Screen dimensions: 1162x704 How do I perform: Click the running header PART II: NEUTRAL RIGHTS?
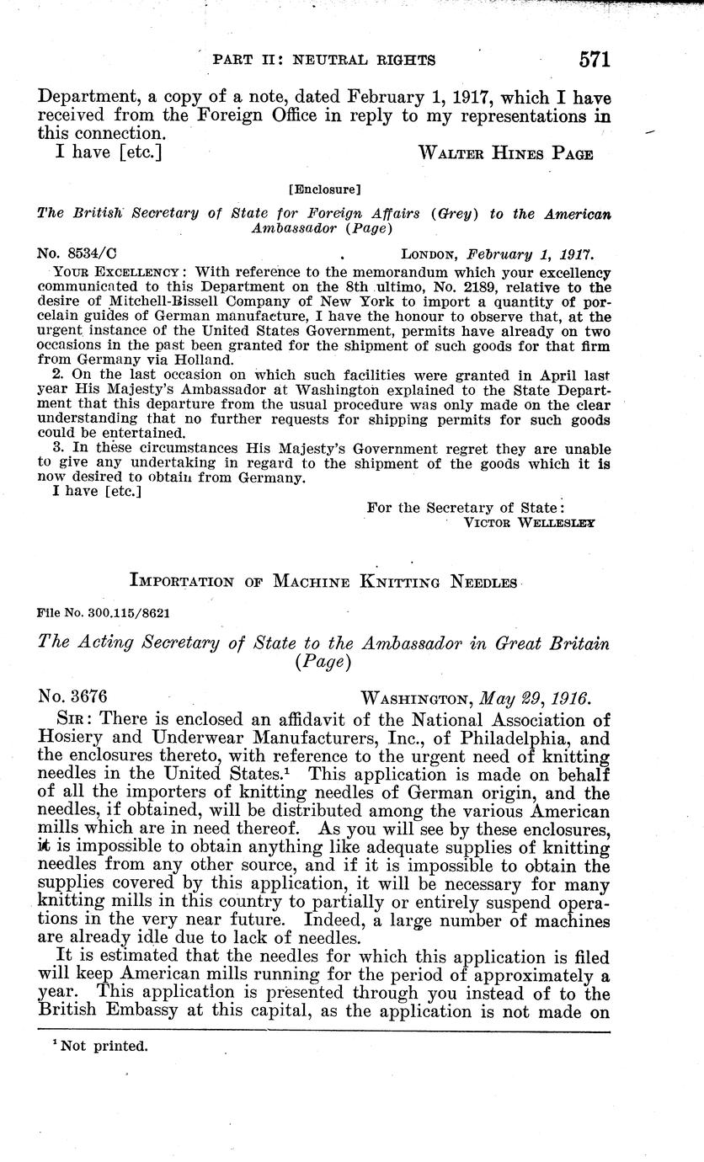pyautogui.click(x=324, y=60)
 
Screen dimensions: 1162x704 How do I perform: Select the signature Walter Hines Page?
pyautogui.click(x=505, y=153)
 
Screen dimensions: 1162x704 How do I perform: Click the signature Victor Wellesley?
pyautogui.click(x=530, y=522)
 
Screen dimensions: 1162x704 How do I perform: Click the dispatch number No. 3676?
pyautogui.click(x=72, y=697)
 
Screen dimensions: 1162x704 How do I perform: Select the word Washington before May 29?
pyautogui.click(x=417, y=697)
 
